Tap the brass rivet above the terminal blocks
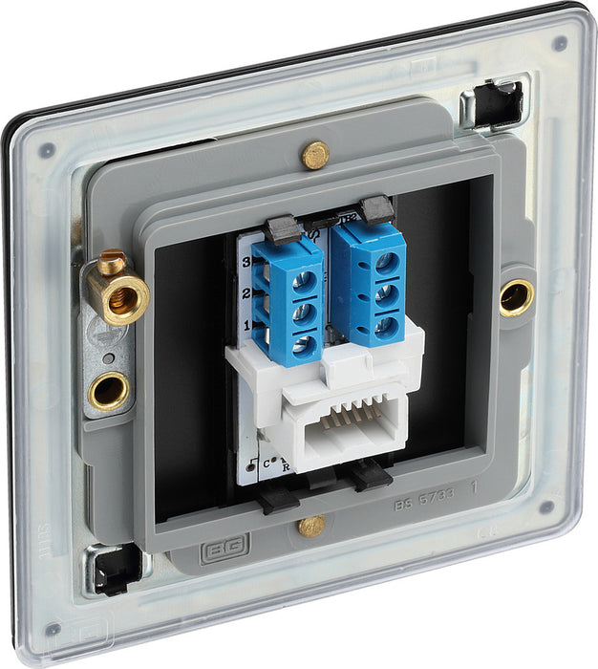314,153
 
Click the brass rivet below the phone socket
310,526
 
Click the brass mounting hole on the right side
516,298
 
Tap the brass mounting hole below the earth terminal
110,391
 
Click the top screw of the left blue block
306,279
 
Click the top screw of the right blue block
387,261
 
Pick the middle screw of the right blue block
387,293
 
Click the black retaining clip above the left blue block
281,227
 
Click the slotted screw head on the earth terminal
112,258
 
